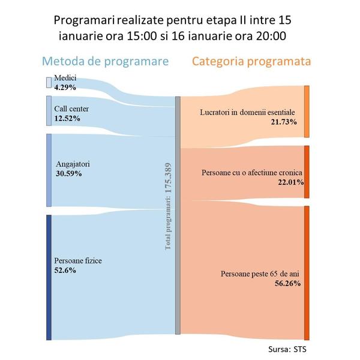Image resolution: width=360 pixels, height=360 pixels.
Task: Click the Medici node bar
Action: (x=49, y=83)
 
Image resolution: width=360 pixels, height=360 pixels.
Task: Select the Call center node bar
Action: (x=49, y=110)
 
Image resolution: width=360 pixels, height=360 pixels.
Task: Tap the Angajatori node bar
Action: (x=49, y=170)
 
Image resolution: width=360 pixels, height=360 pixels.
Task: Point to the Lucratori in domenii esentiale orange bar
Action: (x=307, y=112)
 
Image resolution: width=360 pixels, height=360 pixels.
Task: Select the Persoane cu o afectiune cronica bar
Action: (x=307, y=172)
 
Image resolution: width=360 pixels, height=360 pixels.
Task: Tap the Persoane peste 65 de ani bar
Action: (x=307, y=273)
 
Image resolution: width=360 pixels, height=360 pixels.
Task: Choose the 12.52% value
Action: (x=67, y=118)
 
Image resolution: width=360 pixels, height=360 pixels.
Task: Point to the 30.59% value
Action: (x=68, y=173)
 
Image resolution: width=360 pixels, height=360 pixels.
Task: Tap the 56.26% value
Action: (x=285, y=284)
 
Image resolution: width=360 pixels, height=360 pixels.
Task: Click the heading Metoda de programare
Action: (x=104, y=61)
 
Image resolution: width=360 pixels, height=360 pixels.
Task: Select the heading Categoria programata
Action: (x=253, y=61)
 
